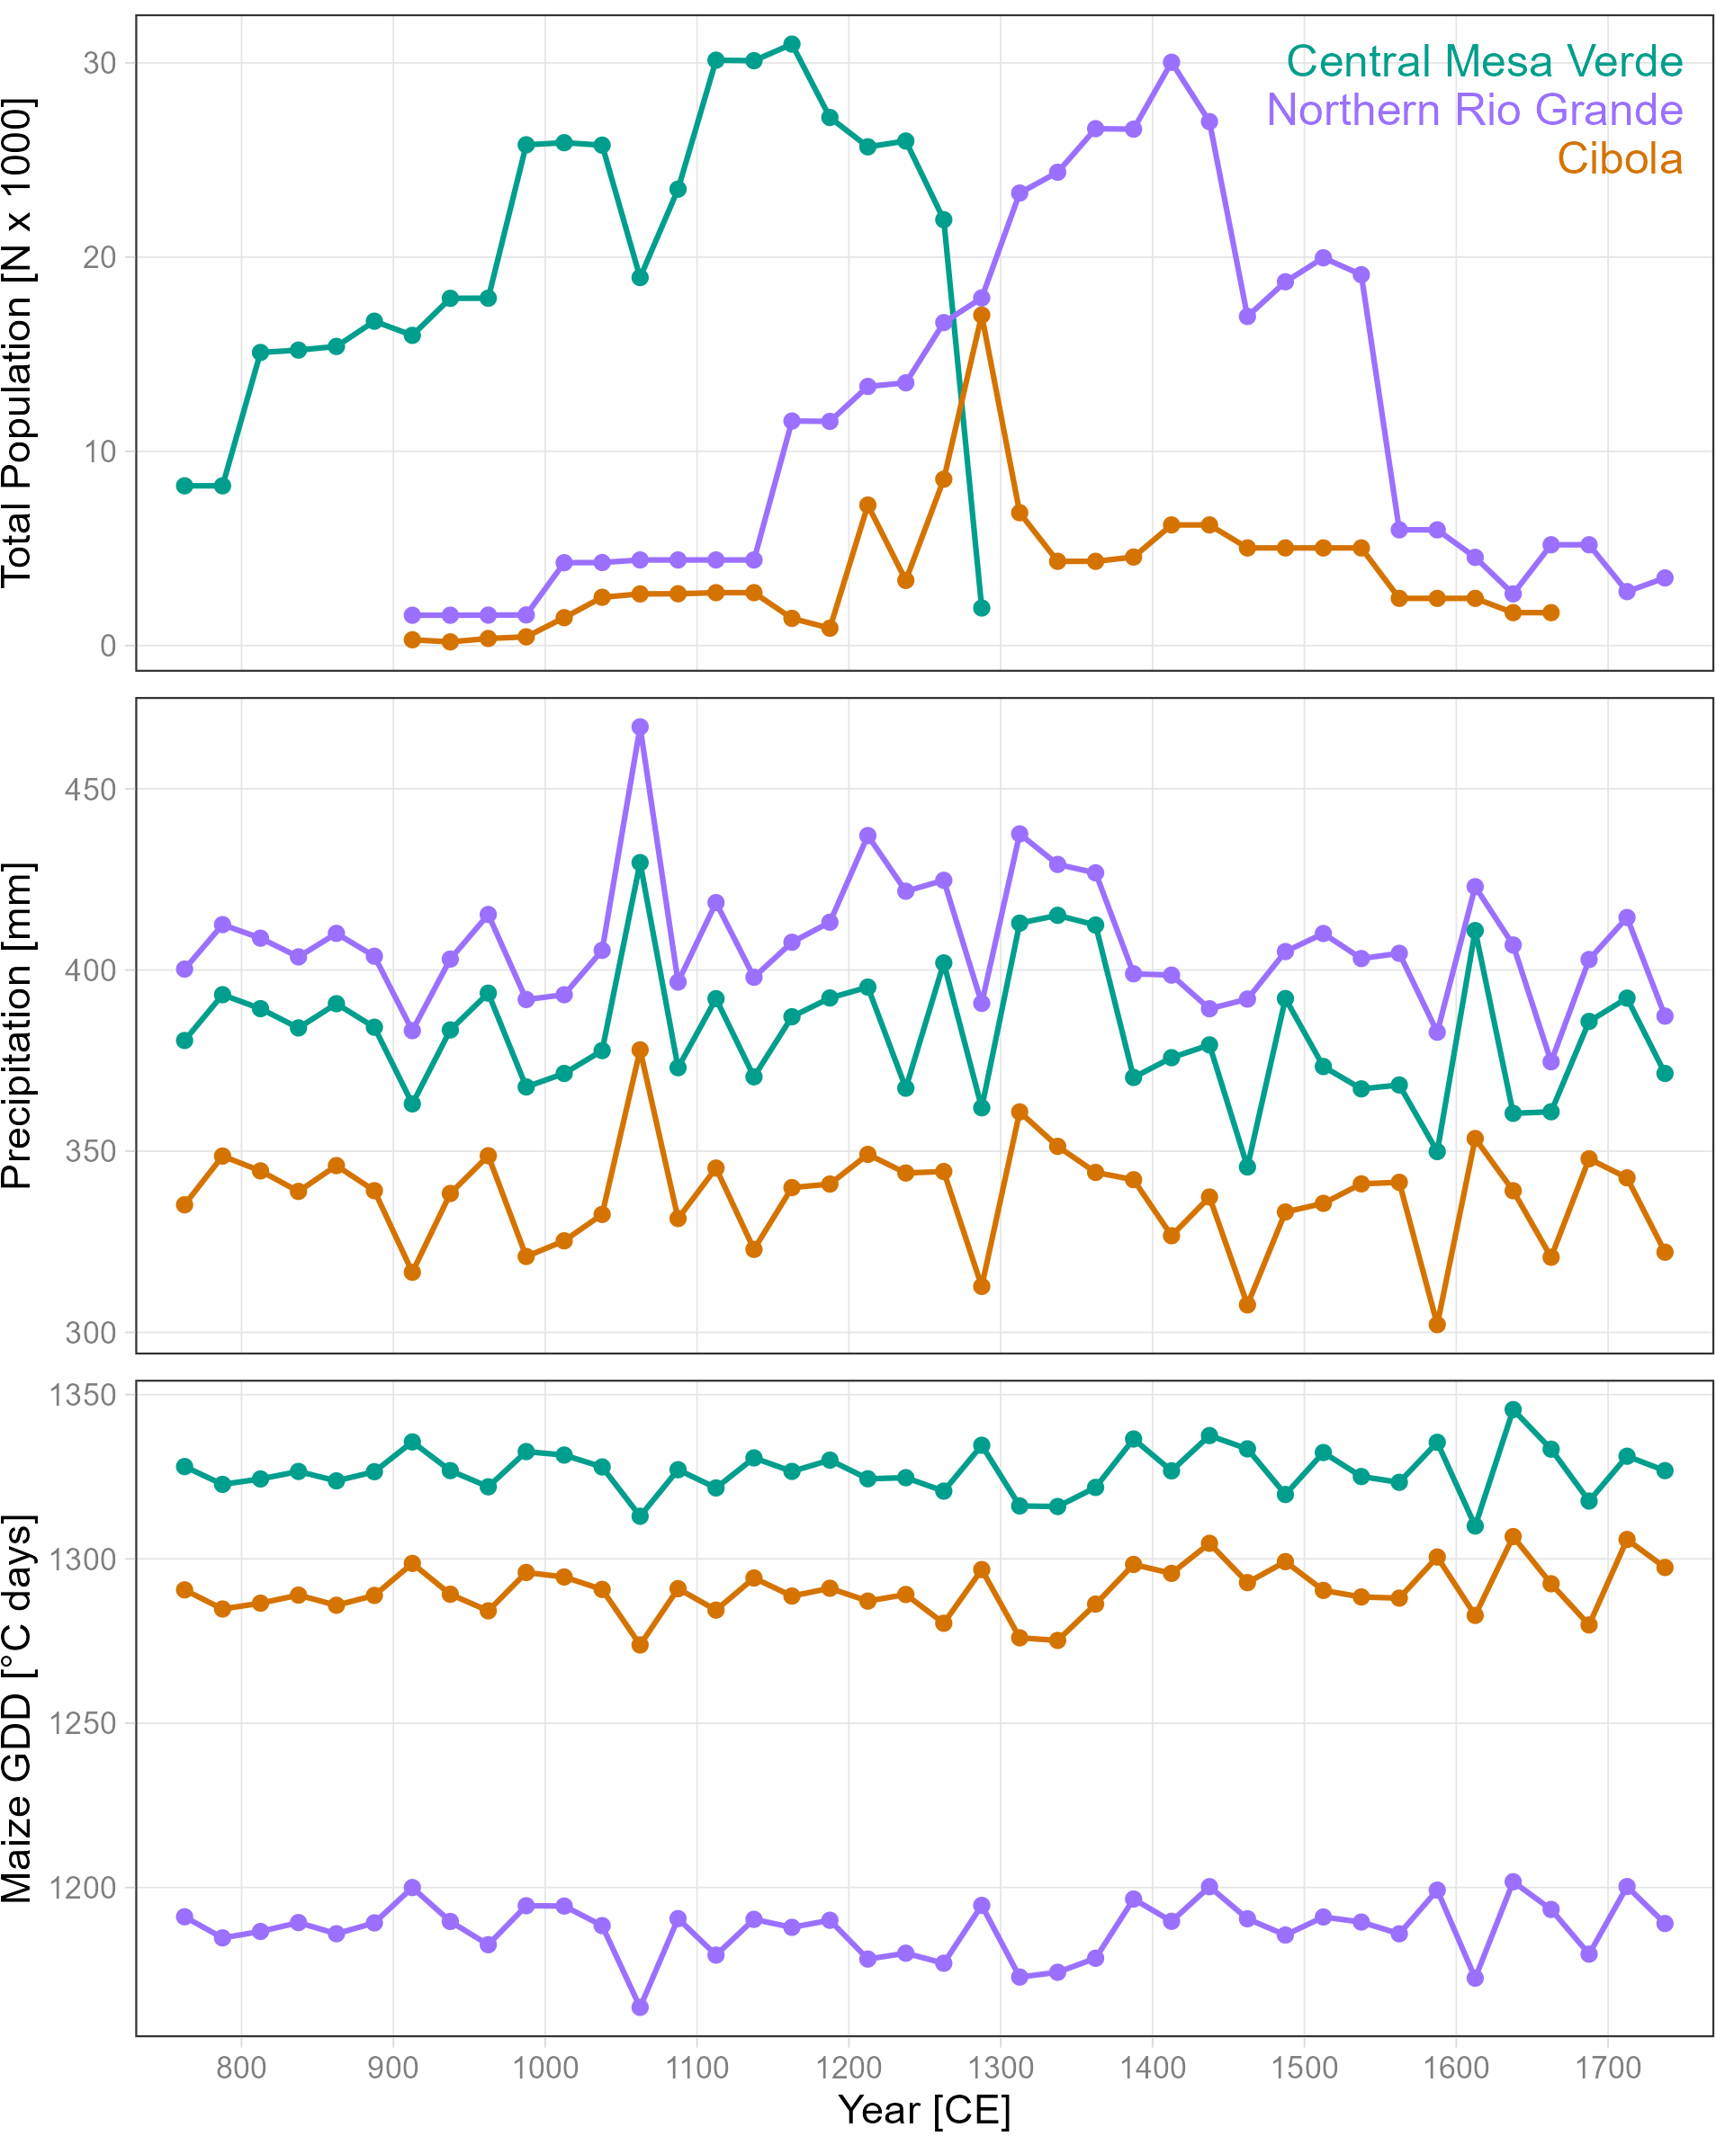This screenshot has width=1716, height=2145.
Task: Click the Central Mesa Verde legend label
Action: pos(1483,62)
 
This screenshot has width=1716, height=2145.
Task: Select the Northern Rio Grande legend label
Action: pos(1473,111)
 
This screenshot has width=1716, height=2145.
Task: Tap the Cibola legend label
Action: pos(1620,159)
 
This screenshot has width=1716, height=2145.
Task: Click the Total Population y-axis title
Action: pos(18,343)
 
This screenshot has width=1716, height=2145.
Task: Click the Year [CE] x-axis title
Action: pos(924,2110)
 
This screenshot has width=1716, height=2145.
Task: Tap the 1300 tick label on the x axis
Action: pos(1001,2068)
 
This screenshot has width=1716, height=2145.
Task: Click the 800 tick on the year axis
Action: pos(241,2068)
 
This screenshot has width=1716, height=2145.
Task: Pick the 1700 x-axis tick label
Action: pos(1607,2068)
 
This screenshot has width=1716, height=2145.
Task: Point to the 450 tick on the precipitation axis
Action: pos(91,790)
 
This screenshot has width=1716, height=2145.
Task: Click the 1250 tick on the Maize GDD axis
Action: pos(84,1723)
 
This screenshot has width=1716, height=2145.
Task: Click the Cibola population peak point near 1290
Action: pos(982,316)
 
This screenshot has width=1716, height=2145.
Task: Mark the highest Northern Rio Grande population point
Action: pos(1172,63)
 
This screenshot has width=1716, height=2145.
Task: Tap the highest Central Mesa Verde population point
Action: pos(792,45)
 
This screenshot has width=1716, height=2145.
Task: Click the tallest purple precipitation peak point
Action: pos(640,728)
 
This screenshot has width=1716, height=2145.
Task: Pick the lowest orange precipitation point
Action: pos(1436,1324)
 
